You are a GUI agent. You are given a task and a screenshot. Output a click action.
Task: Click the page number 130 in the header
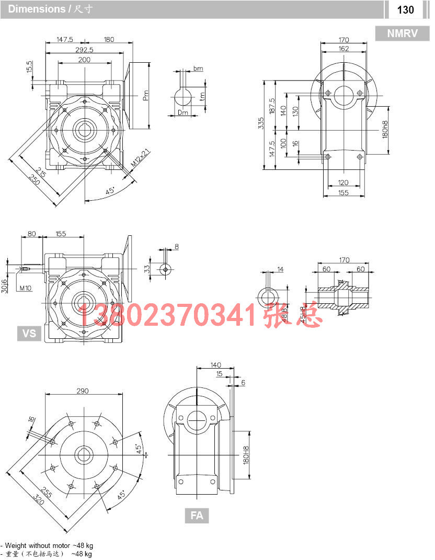point(405,9)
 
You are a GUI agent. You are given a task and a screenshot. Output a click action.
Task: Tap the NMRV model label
point(402,33)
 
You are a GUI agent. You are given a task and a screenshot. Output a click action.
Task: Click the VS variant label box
point(29,333)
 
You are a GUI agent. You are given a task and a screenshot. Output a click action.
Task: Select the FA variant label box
point(197,515)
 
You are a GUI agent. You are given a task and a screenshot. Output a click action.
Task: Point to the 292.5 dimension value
point(84,50)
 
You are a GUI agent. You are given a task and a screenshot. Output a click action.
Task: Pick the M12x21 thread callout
point(140,158)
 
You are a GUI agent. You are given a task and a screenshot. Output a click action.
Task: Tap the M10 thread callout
point(26,288)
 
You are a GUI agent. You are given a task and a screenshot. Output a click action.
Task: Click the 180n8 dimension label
point(399,130)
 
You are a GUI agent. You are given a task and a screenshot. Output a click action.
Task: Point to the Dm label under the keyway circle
point(183,112)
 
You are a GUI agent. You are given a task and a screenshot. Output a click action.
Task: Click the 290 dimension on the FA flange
point(83,391)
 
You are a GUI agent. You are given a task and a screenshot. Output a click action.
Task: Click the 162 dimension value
point(344,49)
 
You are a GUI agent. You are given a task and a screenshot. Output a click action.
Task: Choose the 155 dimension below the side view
point(344,193)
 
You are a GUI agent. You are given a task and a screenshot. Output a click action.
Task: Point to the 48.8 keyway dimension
point(284,315)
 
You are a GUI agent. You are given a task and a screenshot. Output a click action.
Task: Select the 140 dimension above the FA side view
point(215,365)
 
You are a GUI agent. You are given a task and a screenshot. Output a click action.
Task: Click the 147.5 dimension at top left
point(65,40)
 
